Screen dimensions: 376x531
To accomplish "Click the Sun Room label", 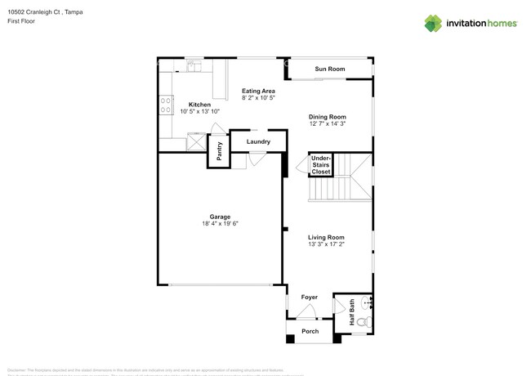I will (x=330, y=69).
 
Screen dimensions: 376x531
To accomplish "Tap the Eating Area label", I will (x=258, y=91).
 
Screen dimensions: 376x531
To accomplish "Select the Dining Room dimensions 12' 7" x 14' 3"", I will (x=328, y=124).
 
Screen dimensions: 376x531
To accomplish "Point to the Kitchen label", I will (x=199, y=105).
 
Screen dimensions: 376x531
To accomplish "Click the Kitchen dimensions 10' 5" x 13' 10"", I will (x=199, y=111).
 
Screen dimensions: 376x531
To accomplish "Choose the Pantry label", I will (x=219, y=151).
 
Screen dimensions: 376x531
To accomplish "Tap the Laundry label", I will (x=258, y=142).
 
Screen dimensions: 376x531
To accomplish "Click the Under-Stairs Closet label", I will (x=320, y=165).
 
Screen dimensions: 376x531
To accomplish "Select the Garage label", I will (x=219, y=217).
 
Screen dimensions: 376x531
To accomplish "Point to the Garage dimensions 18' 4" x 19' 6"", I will (x=219, y=223).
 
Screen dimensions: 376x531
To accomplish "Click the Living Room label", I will (x=327, y=237).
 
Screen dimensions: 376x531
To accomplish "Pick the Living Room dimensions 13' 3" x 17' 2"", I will (x=327, y=244).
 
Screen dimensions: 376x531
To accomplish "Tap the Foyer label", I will (x=309, y=298).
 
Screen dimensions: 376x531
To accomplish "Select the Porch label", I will (x=310, y=331).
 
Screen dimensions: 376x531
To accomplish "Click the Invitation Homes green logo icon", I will (x=435, y=24).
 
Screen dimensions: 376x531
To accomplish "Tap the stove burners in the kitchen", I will (x=165, y=105).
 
